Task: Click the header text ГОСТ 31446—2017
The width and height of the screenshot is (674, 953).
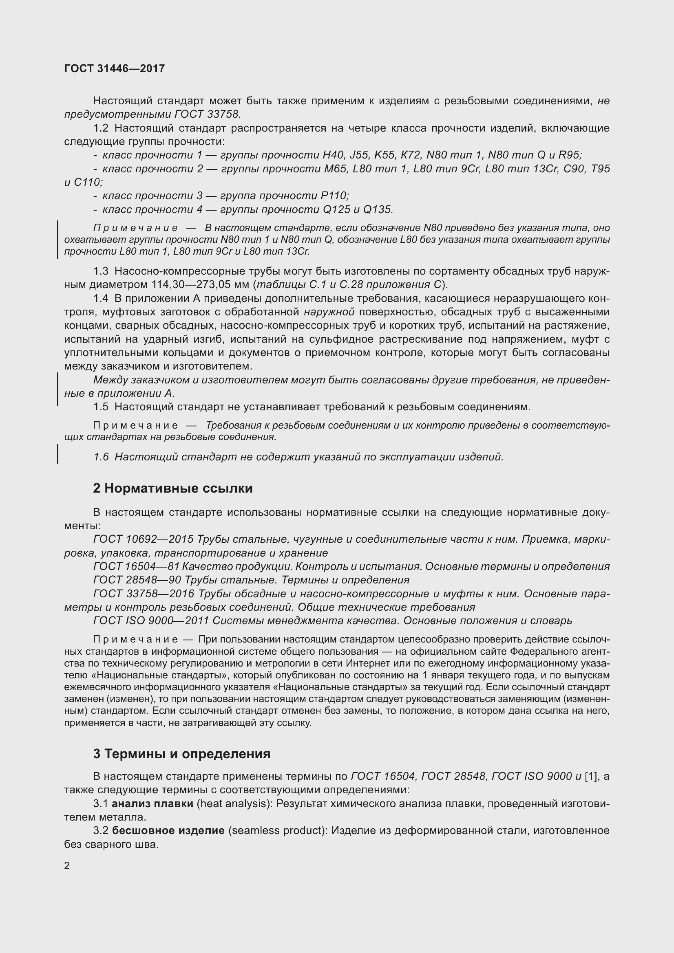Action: pyautogui.click(x=115, y=68)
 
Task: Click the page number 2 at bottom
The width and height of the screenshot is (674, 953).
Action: pyautogui.click(x=67, y=865)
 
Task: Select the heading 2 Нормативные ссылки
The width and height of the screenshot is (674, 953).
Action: pyautogui.click(x=173, y=488)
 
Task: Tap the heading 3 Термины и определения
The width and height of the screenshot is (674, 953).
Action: pyautogui.click(x=181, y=754)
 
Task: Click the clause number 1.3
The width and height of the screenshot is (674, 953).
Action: pyautogui.click(x=101, y=271)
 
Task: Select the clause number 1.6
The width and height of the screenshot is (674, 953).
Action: pyautogui.click(x=101, y=457)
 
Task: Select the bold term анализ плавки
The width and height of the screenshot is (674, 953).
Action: pyautogui.click(x=152, y=803)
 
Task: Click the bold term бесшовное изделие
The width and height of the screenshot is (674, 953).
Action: pyautogui.click(x=168, y=830)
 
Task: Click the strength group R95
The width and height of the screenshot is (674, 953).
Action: pyautogui.click(x=569, y=155)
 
